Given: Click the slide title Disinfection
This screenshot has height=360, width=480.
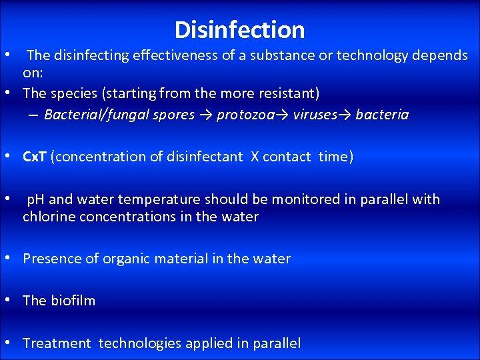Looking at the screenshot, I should click(x=239, y=30).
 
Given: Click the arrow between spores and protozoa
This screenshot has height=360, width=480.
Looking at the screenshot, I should click(x=205, y=115).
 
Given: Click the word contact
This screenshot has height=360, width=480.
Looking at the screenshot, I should click(x=287, y=157).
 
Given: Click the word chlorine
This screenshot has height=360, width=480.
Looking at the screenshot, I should click(x=47, y=217).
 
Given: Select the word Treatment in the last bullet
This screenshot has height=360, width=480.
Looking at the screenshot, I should click(x=57, y=343).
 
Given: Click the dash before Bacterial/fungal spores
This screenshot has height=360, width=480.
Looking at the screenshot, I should click(x=33, y=115).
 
